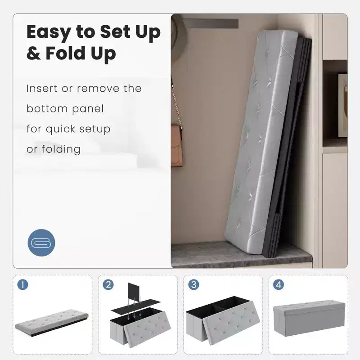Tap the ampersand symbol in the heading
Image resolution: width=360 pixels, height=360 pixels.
33,53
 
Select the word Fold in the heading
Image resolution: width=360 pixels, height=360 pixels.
65,53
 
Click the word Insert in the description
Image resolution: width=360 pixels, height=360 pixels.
42,88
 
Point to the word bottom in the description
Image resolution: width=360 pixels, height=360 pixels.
47,108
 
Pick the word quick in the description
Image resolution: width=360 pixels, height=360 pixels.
60,130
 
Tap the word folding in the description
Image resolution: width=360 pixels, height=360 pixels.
61,150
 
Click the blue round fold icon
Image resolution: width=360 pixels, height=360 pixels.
41,243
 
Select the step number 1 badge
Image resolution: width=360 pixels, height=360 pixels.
22,285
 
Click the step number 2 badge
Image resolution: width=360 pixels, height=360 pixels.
108,285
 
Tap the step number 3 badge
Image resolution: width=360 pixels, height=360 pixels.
193,285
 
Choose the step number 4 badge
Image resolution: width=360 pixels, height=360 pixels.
279,285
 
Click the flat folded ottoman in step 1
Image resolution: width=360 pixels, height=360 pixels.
52,323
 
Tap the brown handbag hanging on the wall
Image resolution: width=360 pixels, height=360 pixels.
177,146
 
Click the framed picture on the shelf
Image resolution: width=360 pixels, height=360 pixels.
342,105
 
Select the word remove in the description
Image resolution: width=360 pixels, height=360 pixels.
98,88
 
